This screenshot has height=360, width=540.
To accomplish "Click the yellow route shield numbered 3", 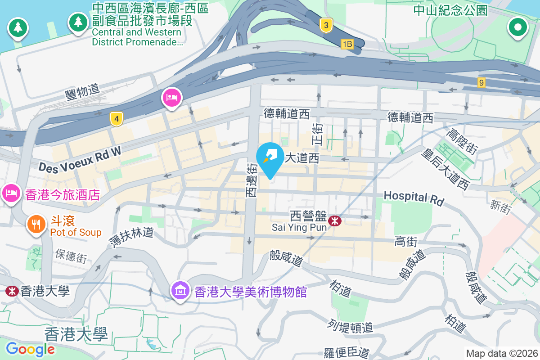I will click(x=326, y=25).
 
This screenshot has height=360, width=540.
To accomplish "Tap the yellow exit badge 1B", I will click(x=347, y=44).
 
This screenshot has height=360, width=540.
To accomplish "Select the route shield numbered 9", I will click(x=482, y=82).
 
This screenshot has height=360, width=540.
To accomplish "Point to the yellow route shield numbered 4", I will click(x=117, y=119).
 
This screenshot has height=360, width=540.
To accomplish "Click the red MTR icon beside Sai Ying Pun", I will click(x=334, y=220).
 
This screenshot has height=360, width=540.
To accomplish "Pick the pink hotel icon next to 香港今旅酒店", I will click(x=11, y=193).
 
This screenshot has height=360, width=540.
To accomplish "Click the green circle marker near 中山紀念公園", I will click(x=517, y=27).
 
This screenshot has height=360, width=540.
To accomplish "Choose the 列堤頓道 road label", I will click(x=351, y=326).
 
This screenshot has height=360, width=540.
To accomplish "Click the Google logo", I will click(x=30, y=349).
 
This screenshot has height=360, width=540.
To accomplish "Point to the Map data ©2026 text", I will click(x=502, y=353).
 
